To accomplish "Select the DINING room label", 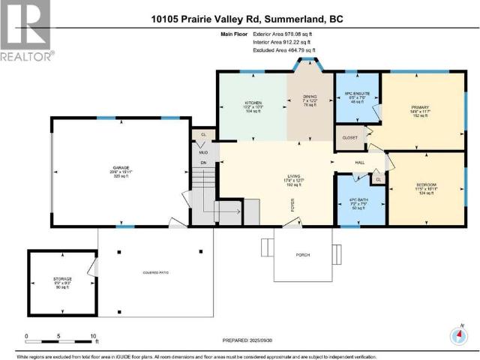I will [310, 96].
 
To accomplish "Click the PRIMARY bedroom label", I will [419, 107].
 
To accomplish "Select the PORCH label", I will [302, 255].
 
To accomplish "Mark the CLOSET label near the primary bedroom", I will [349, 138].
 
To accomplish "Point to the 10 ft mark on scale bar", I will [92, 337].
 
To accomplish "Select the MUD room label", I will [202, 151].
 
